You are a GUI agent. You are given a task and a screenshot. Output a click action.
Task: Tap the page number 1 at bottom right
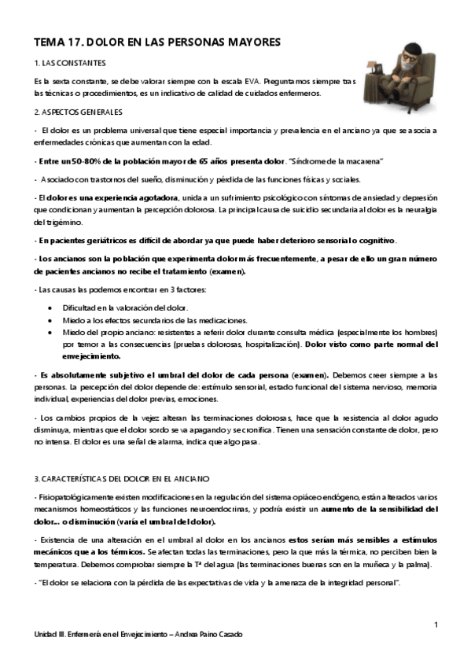[435, 625]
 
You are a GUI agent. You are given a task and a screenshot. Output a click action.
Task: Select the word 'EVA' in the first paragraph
[247, 81]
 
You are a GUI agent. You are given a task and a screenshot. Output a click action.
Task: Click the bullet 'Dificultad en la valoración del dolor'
[123, 308]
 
